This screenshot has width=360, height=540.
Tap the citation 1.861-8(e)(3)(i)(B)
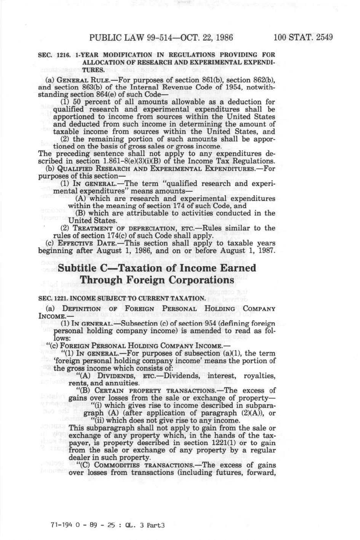click(150, 161)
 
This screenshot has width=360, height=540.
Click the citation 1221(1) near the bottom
click(224, 443)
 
